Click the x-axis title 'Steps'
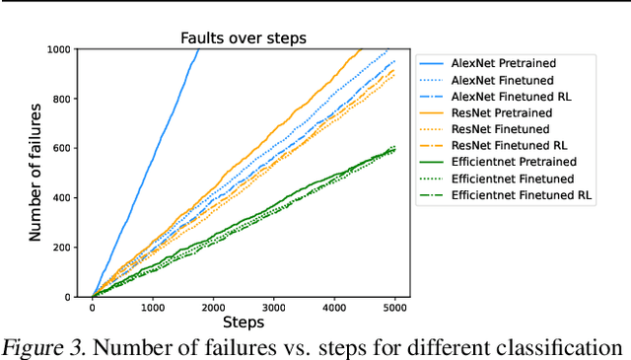[243, 323]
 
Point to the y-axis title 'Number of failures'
[35, 173]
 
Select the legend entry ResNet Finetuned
[499, 128]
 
